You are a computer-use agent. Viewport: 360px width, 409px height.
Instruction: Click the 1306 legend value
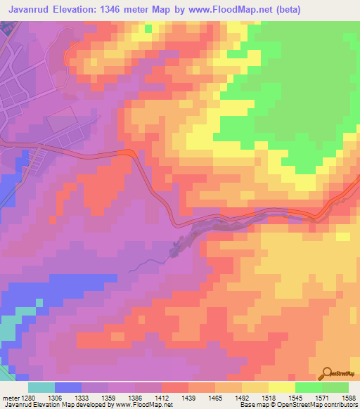(64, 397)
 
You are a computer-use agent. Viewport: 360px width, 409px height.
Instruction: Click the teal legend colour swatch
(41, 387)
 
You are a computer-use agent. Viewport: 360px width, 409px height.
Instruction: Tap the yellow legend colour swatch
(281, 387)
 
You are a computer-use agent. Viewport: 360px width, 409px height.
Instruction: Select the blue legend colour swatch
(68, 387)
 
